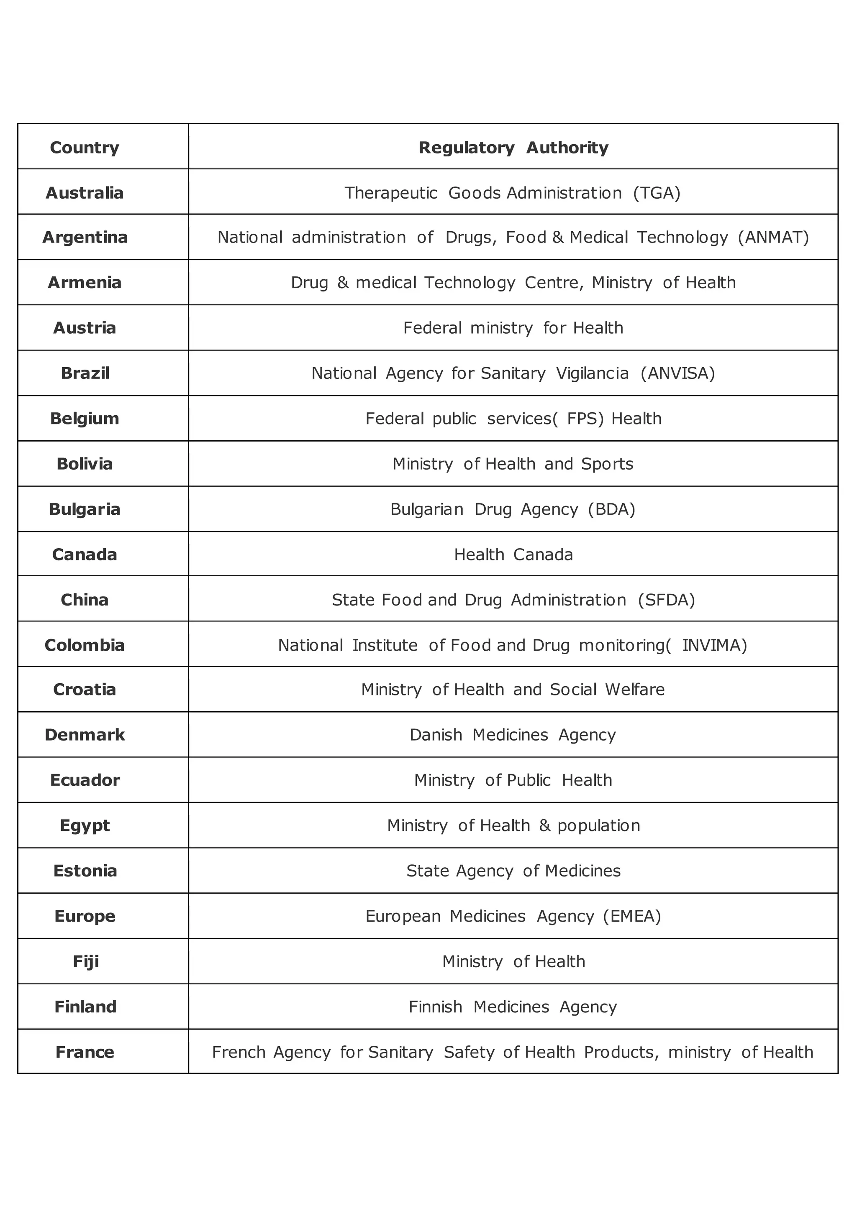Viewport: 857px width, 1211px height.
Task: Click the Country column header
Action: [85, 148]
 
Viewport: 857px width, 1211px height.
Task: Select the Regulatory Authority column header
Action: [513, 148]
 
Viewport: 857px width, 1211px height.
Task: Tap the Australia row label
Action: [85, 193]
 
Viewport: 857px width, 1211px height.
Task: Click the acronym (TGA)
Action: [657, 193]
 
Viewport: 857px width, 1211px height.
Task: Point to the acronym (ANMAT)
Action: [773, 238]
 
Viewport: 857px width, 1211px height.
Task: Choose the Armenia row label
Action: [85, 283]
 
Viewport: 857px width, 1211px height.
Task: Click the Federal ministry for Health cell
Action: [513, 328]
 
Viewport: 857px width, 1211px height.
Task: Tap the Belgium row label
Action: [85, 419]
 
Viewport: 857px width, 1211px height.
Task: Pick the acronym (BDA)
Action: [612, 509]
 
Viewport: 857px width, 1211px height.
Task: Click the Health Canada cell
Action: [513, 555]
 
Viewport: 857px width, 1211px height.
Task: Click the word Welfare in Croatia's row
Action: [635, 690]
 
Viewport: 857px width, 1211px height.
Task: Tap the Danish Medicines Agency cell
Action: [513, 735]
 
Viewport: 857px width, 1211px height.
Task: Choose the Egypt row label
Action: [85, 826]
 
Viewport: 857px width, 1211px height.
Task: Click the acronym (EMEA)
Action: [632, 917]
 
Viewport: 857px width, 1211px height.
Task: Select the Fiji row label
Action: [85, 962]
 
